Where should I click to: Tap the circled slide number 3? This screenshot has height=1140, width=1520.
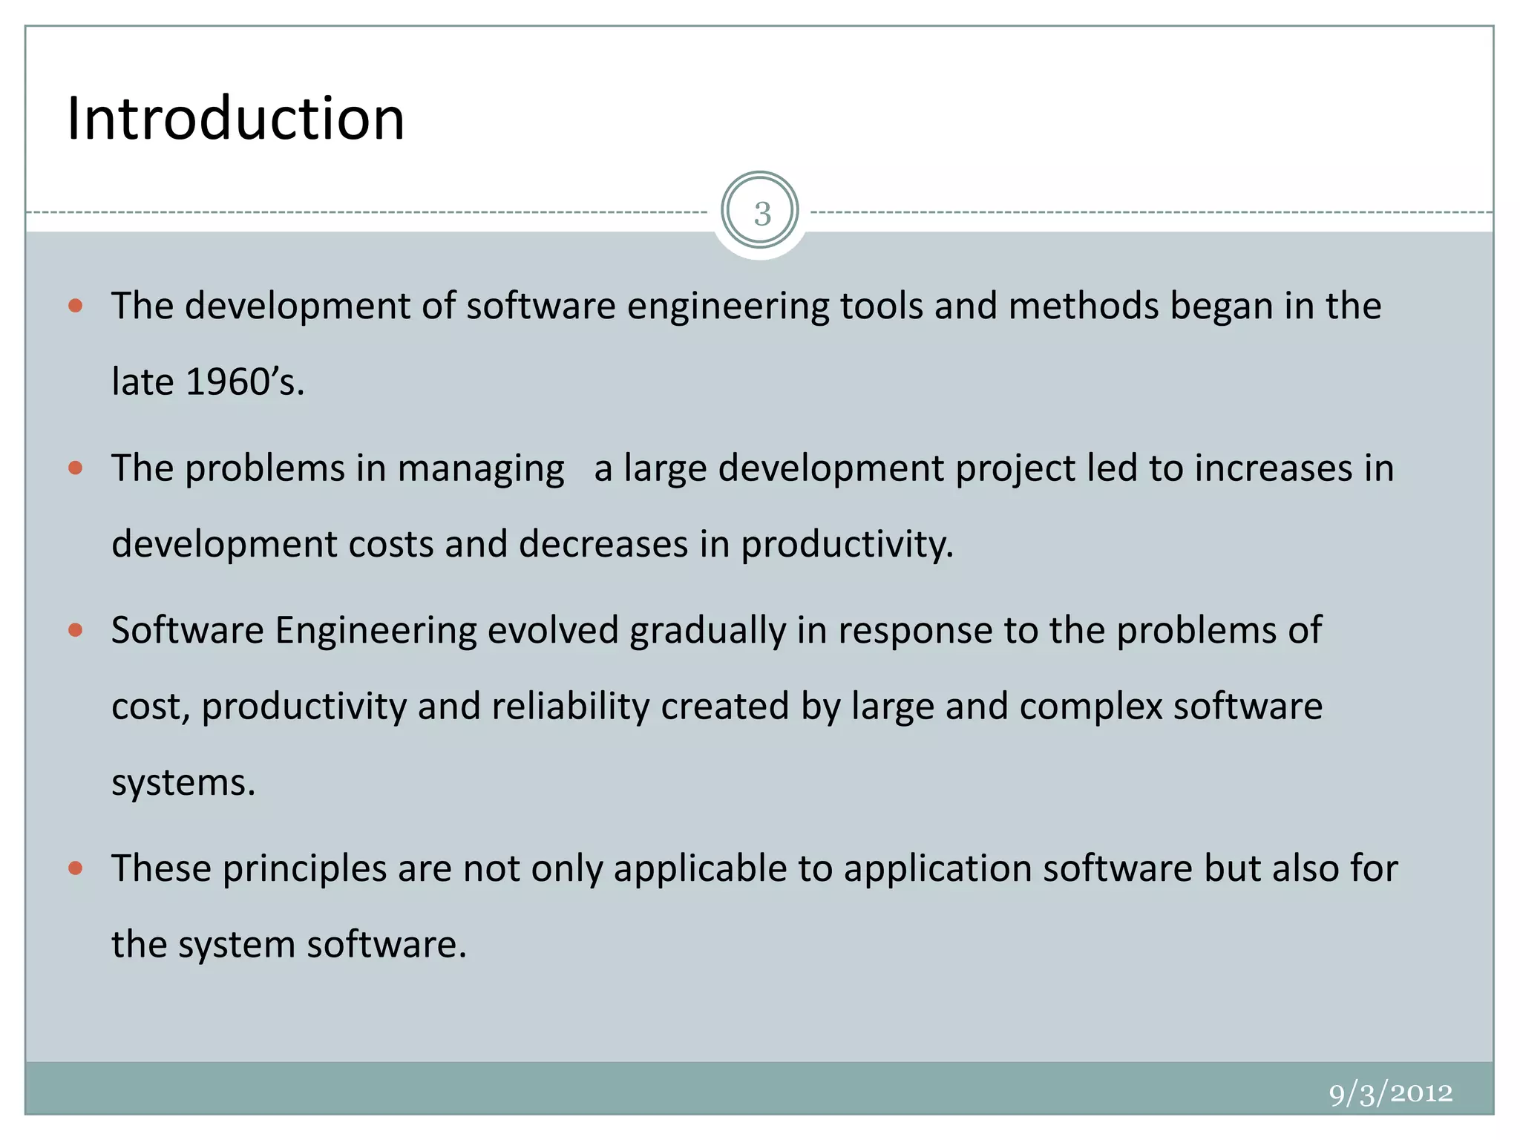coord(761,213)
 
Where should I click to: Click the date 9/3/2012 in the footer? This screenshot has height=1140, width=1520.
coord(1390,1093)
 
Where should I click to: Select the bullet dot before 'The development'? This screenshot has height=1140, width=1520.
coord(75,305)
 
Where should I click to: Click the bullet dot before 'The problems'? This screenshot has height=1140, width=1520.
coord(75,468)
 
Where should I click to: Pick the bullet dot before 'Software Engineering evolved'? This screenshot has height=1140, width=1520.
coord(75,630)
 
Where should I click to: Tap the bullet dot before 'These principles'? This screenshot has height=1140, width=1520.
coord(75,868)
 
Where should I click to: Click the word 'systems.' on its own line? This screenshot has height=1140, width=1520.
coord(183,783)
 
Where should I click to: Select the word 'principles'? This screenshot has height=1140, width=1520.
coord(304,869)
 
